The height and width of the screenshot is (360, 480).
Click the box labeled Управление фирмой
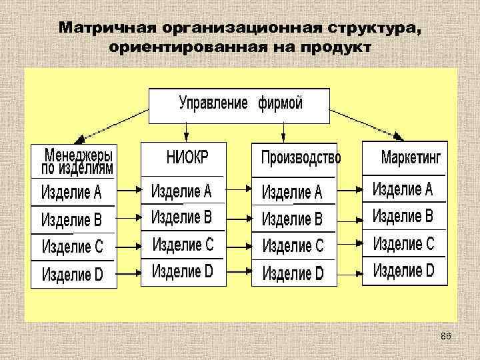click(x=239, y=105)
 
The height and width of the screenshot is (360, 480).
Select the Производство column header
click(x=300, y=158)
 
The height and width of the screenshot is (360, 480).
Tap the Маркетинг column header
click(x=411, y=158)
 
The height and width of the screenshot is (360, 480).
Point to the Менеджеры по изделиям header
click(x=77, y=161)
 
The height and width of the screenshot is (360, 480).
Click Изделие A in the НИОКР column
click(x=181, y=192)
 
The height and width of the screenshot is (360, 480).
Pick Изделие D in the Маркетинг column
click(x=403, y=271)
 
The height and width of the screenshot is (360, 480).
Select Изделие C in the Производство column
click(x=293, y=246)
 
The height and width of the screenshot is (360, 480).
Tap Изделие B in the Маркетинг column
click(x=403, y=217)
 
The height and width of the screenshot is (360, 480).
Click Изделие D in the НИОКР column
click(x=182, y=271)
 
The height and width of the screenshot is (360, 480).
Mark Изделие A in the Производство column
click(x=292, y=193)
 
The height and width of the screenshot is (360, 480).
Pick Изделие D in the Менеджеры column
click(x=72, y=273)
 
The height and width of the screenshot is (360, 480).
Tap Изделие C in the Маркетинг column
click(x=403, y=244)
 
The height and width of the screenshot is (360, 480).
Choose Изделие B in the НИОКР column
click(x=181, y=217)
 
